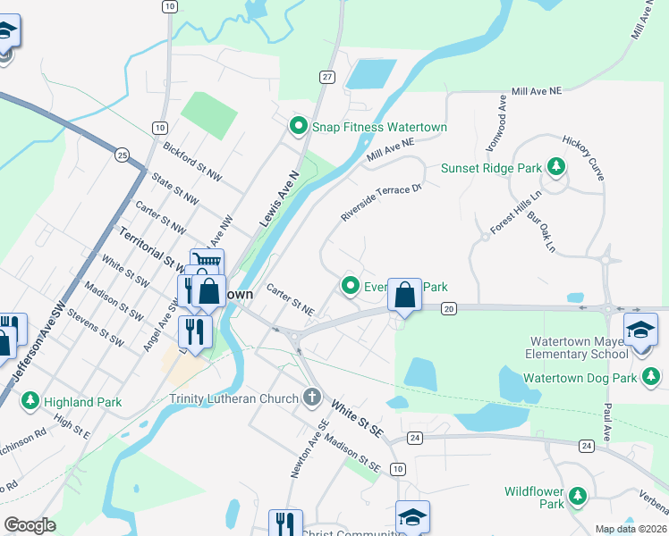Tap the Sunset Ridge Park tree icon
pyautogui.click(x=556, y=167)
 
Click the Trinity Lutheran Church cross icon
pyautogui.click(x=312, y=396)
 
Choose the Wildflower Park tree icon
pyautogui.click(x=577, y=495)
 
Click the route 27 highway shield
pyautogui.click(x=327, y=78)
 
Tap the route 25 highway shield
pyautogui.click(x=122, y=155)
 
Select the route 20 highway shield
pyautogui.click(x=449, y=308)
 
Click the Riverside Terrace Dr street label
pyautogui.click(x=380, y=203)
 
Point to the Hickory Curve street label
pyautogui.click(x=583, y=155)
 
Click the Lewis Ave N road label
pyautogui.click(x=278, y=197)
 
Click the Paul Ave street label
pyautogui.click(x=607, y=421)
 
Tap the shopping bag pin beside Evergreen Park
pyautogui.click(x=404, y=294)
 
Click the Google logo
pyautogui.click(x=30, y=525)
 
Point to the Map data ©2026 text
pyautogui.click(x=631, y=529)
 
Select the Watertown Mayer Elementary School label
pyautogui.click(x=579, y=348)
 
